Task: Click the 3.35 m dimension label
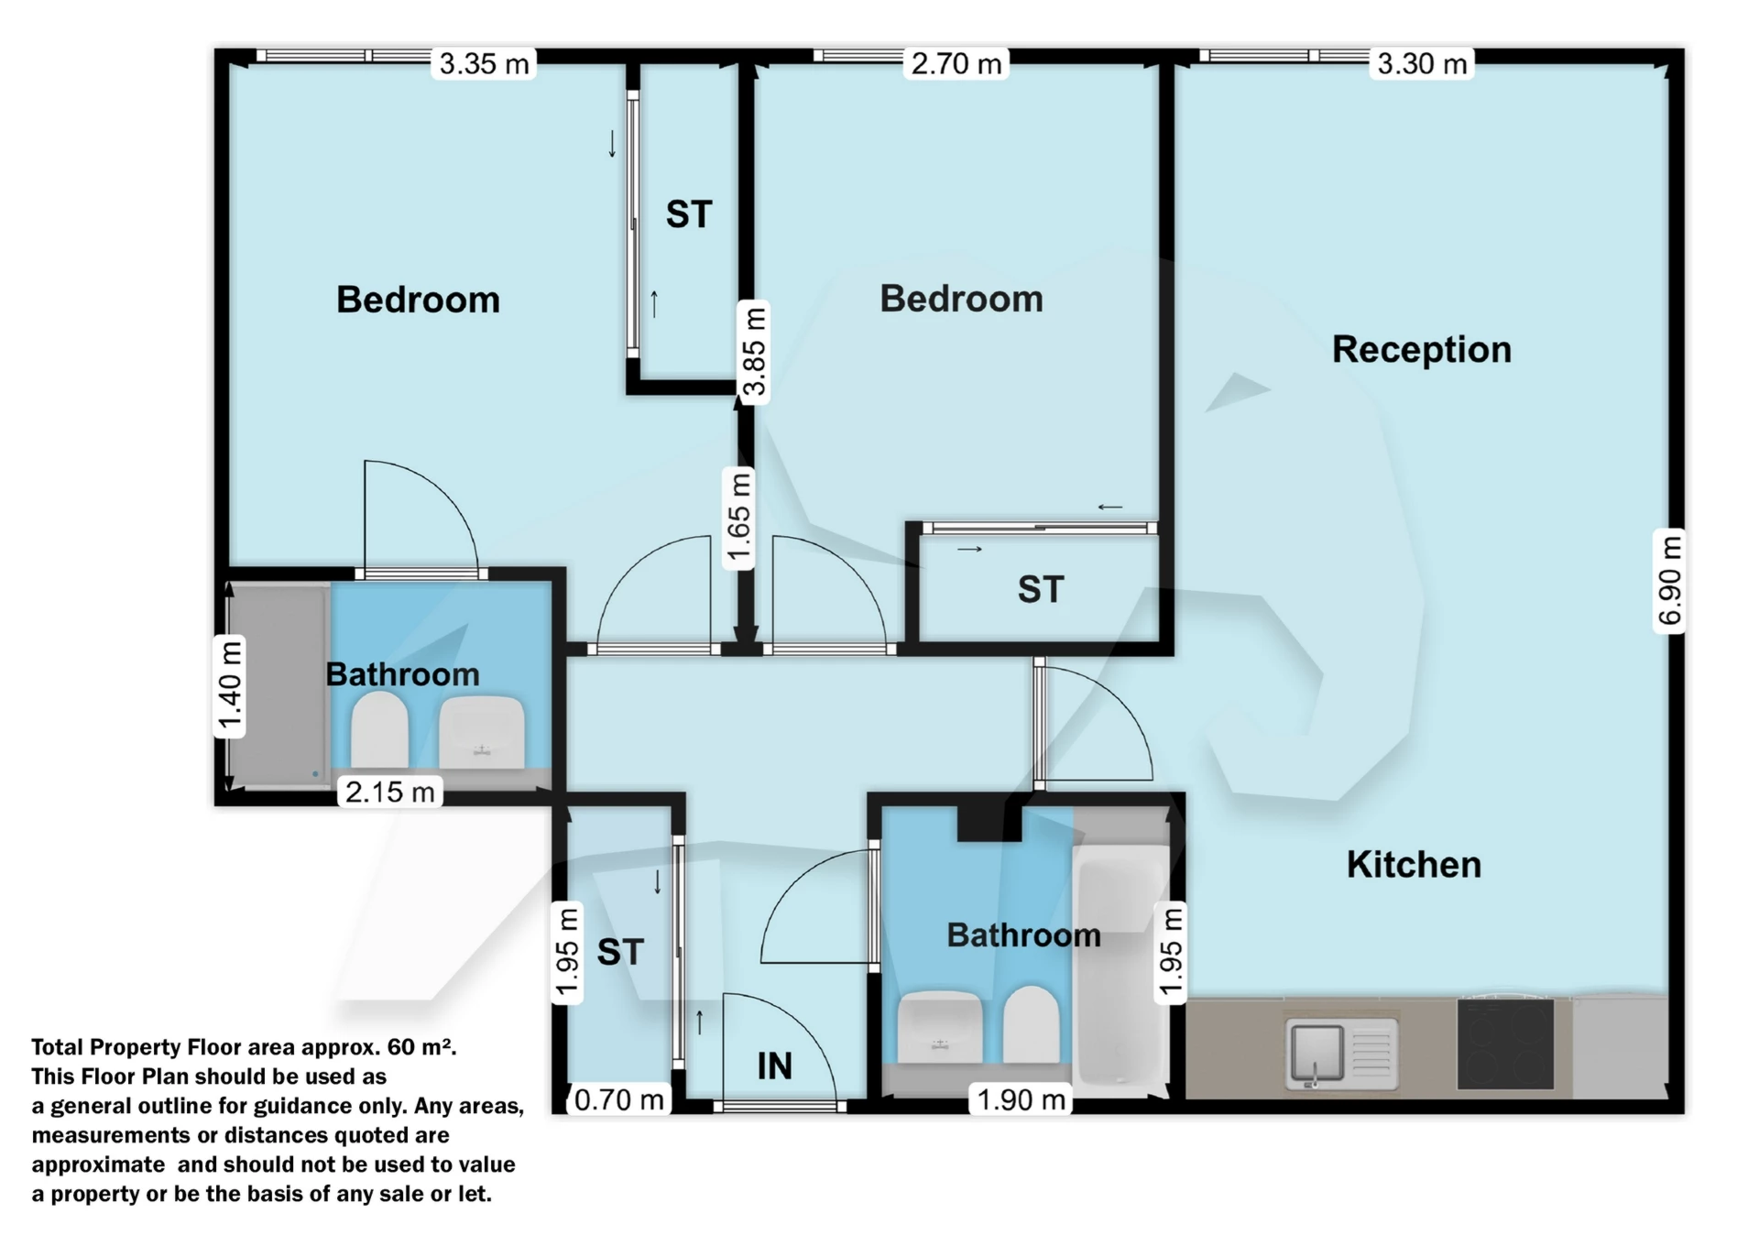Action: (484, 64)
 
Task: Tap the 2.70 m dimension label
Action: (956, 64)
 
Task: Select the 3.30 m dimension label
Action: (1422, 64)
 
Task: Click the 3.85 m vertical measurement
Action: (753, 352)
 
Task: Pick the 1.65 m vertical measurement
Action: (738, 518)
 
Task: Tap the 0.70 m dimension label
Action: (618, 1099)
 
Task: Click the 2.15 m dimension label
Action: (389, 792)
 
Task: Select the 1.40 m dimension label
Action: (230, 686)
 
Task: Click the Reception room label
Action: (1421, 349)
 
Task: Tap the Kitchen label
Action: (1414, 864)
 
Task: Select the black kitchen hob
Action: (1505, 1044)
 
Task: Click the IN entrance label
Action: (774, 1066)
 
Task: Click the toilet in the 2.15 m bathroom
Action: (379, 730)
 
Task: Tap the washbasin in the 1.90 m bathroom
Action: (940, 1028)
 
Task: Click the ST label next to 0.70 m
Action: (620, 952)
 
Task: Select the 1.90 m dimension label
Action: (1022, 1099)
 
